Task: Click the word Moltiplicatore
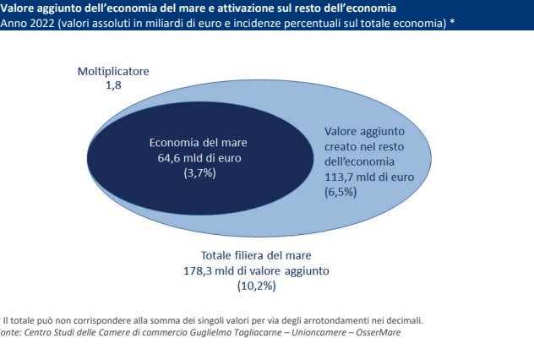tap(112, 72)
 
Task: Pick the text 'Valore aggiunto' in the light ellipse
tap(366, 132)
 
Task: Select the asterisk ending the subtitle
tap(452, 21)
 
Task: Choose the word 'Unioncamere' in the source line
tap(300, 330)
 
